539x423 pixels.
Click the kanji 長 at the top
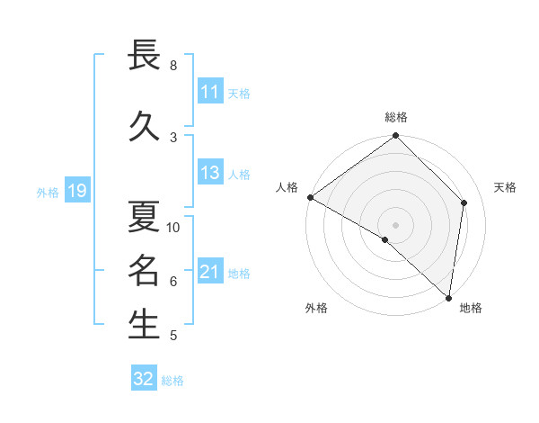pyautogui.click(x=144, y=57)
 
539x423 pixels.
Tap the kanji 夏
pyautogui.click(x=144, y=217)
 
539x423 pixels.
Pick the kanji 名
pyautogui.click(x=144, y=270)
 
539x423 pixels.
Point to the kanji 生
pyautogui.click(x=144, y=325)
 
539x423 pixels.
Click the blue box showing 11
pyautogui.click(x=209, y=92)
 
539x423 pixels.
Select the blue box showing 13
pyautogui.click(x=209, y=174)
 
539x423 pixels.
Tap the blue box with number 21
pyautogui.click(x=209, y=272)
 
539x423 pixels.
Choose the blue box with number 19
pyautogui.click(x=76, y=191)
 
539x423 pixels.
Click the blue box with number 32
pyautogui.click(x=144, y=379)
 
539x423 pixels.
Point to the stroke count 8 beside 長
pyautogui.click(x=173, y=66)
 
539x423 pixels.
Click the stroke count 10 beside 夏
pyautogui.click(x=173, y=228)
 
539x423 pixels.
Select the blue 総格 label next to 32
pyautogui.click(x=172, y=381)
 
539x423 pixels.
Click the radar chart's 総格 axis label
pyautogui.click(x=396, y=117)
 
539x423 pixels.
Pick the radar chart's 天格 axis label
pyautogui.click(x=506, y=187)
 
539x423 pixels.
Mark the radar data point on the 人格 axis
pyautogui.click(x=310, y=197)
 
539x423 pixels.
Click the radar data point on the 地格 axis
pyautogui.click(x=448, y=297)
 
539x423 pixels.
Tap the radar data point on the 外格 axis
pyautogui.click(x=385, y=239)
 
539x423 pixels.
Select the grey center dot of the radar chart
pyautogui.click(x=396, y=224)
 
